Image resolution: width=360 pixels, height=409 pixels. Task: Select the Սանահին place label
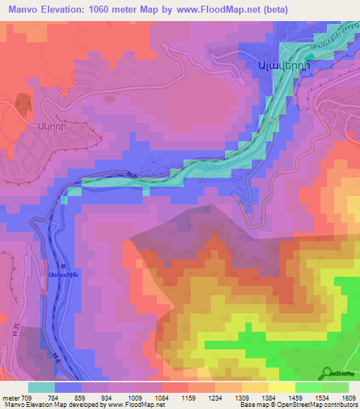(62, 275)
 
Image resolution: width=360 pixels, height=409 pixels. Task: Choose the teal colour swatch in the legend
(41, 387)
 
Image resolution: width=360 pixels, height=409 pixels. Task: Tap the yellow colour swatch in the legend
(282, 387)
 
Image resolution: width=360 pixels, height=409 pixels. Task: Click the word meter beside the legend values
(11, 398)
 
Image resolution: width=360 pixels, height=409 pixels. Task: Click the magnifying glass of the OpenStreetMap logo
(327, 375)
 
